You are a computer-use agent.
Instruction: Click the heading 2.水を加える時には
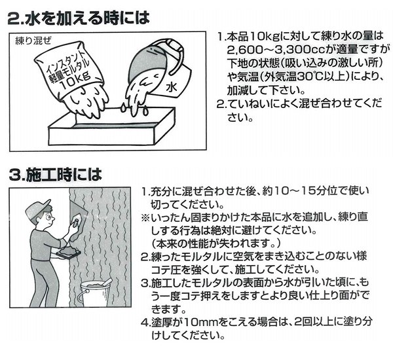pyautogui.click(x=79, y=18)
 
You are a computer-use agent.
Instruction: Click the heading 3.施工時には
pyautogui.click(x=55, y=175)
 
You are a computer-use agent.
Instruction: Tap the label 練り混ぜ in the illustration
pyautogui.click(x=33, y=41)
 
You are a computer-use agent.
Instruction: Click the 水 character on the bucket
pyautogui.click(x=172, y=87)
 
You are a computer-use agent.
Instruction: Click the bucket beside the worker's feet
pyautogui.click(x=94, y=294)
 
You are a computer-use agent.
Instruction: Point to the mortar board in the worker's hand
pyautogui.click(x=68, y=253)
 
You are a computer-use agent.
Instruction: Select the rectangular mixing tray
pyautogui.click(x=111, y=127)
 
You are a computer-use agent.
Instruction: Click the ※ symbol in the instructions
pyautogui.click(x=145, y=217)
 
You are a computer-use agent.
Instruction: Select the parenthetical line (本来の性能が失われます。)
pyautogui.click(x=215, y=243)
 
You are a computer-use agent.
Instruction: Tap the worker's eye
pyautogui.click(x=48, y=218)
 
